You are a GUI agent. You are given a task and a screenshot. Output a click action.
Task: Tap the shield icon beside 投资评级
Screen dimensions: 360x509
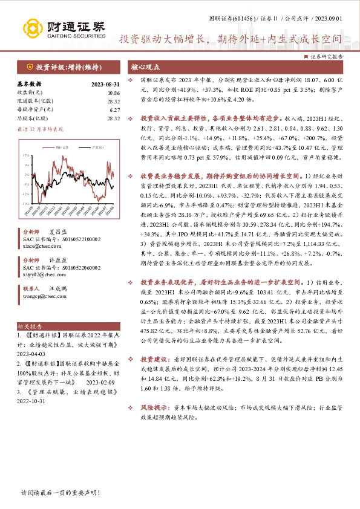pos(30,66)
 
